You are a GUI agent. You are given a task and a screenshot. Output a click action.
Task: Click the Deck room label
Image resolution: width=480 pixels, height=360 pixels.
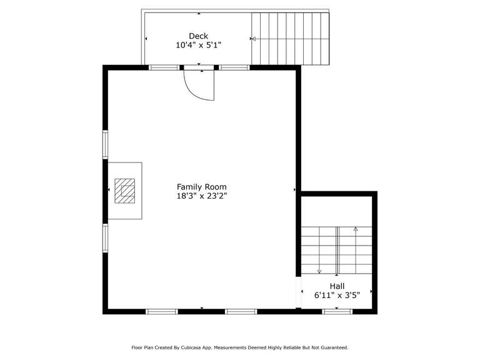[x=198, y=36]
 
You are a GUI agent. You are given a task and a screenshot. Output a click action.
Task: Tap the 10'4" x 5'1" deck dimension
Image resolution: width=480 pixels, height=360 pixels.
[x=198, y=45]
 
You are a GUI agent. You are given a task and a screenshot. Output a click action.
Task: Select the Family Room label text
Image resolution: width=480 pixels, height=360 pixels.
[x=201, y=186]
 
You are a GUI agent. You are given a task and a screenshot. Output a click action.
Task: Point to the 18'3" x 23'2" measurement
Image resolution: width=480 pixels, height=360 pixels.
[x=201, y=196]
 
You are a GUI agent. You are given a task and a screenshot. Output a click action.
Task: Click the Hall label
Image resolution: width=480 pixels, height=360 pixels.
[x=337, y=286]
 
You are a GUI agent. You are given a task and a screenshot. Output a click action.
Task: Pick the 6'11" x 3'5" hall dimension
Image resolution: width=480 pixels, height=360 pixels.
[x=337, y=296]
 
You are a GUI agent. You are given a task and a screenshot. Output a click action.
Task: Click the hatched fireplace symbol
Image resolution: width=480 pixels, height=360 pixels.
[x=124, y=191]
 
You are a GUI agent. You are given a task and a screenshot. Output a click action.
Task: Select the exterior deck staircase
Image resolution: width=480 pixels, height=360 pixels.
[x=290, y=39]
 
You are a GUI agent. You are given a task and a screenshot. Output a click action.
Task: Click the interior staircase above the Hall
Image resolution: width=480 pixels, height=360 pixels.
[x=337, y=251]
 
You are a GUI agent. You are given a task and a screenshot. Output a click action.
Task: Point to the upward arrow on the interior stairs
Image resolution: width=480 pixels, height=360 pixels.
[x=356, y=229]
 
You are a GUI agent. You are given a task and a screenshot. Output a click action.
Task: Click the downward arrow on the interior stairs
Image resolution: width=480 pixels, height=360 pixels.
[x=319, y=271]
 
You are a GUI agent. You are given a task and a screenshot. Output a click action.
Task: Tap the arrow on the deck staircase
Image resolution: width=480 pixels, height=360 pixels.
[x=253, y=39]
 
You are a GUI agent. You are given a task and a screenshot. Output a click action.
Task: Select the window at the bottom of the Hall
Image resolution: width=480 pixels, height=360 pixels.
[x=337, y=311]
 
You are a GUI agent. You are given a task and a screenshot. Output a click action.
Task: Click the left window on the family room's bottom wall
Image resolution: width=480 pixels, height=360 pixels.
[x=161, y=311]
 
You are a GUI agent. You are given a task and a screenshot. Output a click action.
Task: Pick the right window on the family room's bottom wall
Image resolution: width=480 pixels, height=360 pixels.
[x=241, y=311]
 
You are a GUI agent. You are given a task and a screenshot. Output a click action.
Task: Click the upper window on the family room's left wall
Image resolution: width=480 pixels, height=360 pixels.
[x=105, y=144]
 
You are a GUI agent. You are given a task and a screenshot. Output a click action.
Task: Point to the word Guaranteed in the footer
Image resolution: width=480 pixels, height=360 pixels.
[x=331, y=347]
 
